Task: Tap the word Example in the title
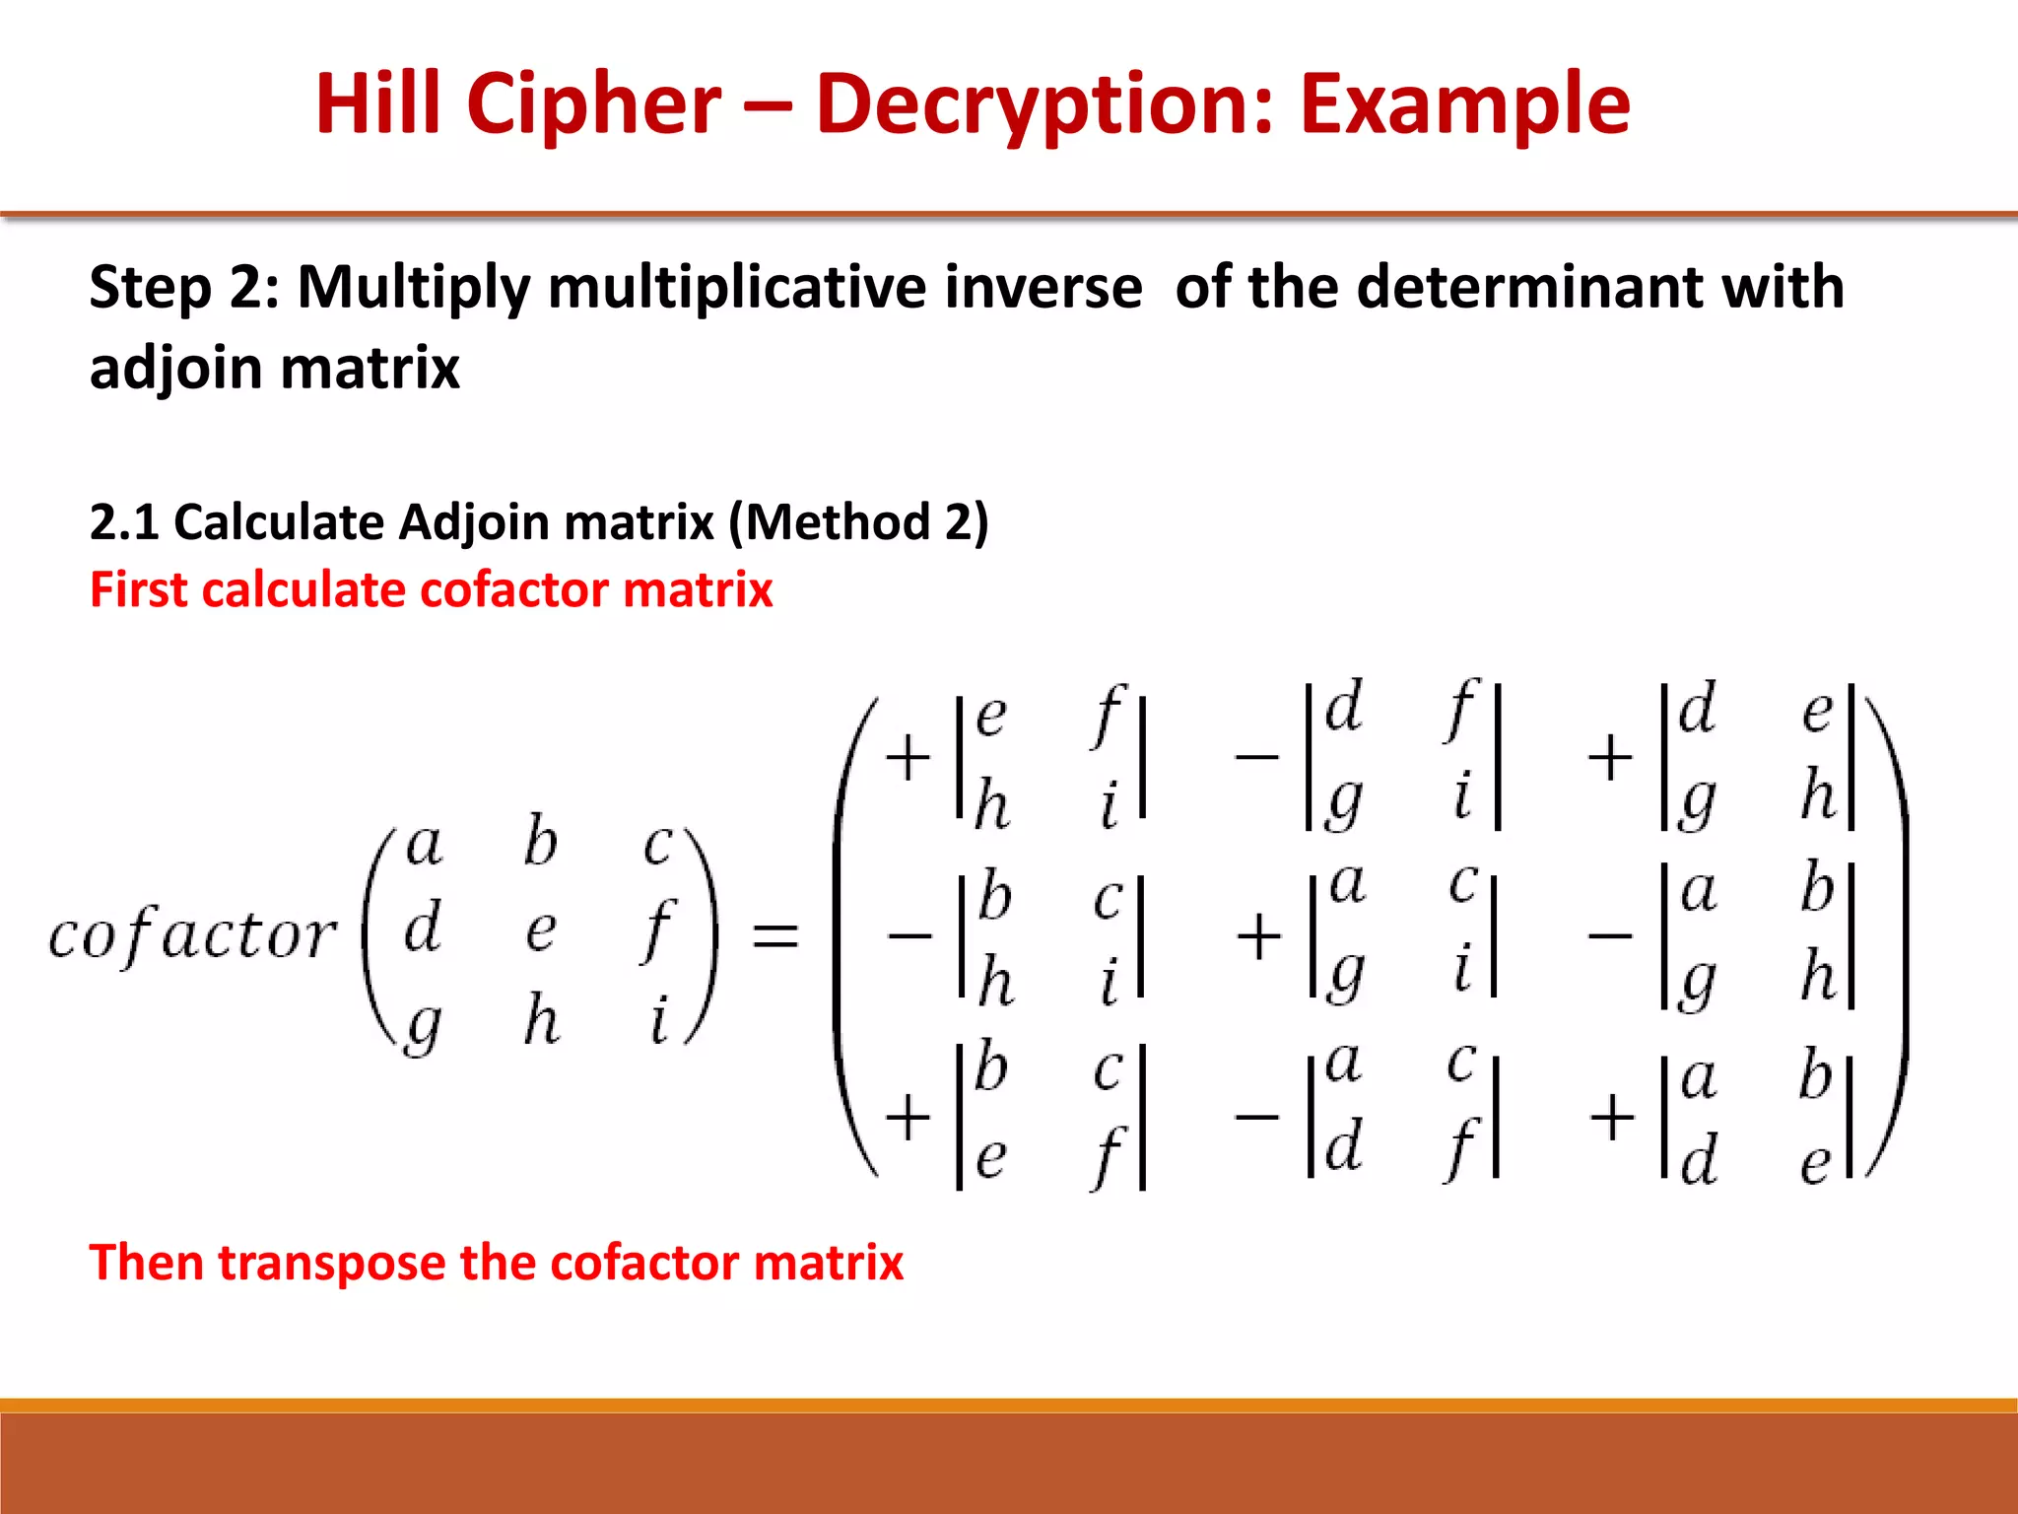click(1464, 106)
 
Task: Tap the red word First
click(137, 590)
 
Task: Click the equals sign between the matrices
click(774, 934)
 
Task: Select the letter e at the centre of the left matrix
click(540, 929)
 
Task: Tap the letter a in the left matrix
click(424, 846)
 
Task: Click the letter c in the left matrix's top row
click(658, 846)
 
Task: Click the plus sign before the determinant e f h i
click(908, 757)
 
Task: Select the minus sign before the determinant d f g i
click(1257, 757)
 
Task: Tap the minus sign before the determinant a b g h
click(1611, 934)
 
